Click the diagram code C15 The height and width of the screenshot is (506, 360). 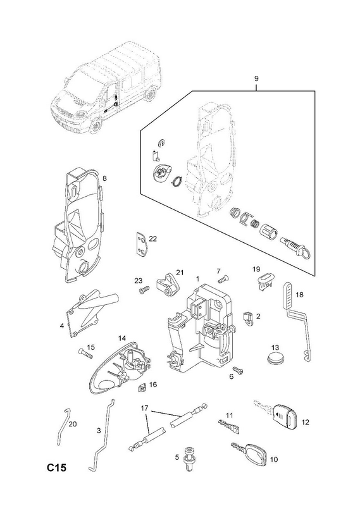(56, 467)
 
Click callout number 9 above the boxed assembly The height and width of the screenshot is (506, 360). (256, 78)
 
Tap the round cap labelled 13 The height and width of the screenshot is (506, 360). (276, 358)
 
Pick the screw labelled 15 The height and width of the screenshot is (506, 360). (85, 353)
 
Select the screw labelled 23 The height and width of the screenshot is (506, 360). (144, 290)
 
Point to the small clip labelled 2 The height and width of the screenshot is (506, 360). (248, 318)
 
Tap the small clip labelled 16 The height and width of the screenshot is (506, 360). (142, 386)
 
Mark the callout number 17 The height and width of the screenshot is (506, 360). (144, 408)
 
